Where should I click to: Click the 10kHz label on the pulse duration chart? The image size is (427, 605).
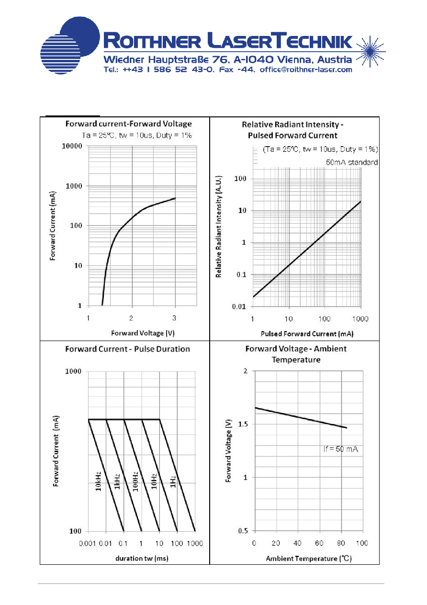98,481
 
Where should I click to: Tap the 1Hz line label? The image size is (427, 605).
173,481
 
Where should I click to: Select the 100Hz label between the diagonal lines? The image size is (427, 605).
135,481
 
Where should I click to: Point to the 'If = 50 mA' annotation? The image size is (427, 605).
341,449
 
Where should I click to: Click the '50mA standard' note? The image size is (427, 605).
351,162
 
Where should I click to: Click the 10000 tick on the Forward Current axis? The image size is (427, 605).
72,146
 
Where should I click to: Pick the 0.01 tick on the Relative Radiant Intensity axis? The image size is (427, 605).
239,307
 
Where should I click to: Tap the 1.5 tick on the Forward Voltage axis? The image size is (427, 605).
243,424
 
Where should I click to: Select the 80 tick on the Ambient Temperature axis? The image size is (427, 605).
341,543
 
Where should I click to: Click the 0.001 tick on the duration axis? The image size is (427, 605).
87,543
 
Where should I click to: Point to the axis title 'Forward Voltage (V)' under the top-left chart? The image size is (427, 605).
143,333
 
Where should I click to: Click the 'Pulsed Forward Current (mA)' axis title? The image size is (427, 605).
307,333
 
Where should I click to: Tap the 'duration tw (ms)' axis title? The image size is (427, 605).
142,558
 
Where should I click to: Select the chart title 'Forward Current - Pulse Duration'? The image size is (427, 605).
128,349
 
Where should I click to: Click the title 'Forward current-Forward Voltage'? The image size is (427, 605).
128,124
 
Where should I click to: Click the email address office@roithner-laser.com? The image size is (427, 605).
306,69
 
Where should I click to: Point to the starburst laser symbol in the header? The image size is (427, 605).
371,51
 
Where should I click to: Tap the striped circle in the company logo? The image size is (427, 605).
60,54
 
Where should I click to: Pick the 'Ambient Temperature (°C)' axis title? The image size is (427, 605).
309,558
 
